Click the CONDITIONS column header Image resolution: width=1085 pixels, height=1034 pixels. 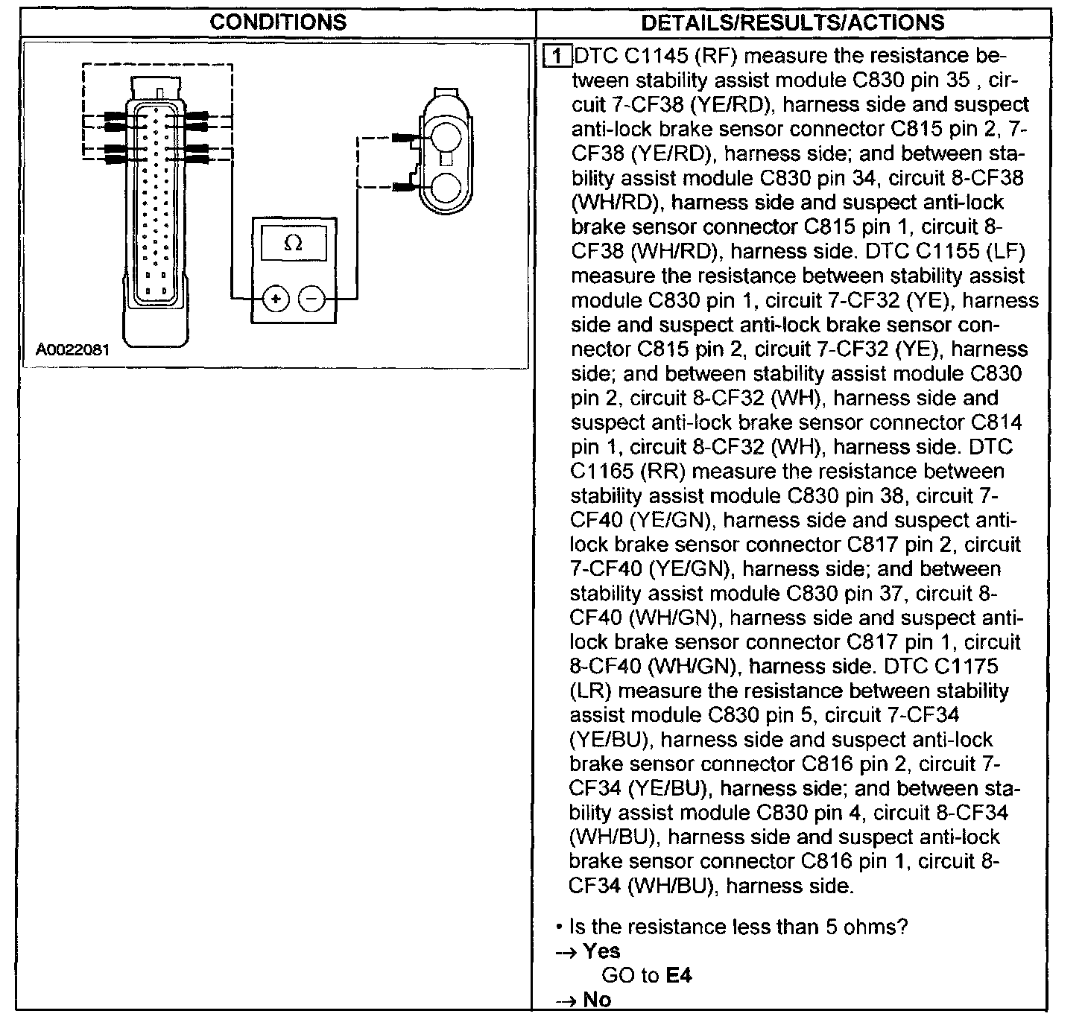[277, 22]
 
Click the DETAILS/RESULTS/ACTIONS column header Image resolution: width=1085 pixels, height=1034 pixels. [792, 22]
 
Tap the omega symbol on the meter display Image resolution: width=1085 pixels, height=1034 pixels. [294, 244]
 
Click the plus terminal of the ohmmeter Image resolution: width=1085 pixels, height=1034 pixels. [276, 299]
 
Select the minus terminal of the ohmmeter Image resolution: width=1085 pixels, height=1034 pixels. [312, 299]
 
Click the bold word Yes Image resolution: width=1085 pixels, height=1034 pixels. [601, 951]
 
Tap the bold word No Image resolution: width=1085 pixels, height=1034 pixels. [597, 999]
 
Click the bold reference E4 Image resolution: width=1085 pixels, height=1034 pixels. [679, 974]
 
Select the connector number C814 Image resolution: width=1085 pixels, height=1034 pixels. [996, 422]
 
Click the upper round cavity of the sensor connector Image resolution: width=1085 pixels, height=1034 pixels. [444, 137]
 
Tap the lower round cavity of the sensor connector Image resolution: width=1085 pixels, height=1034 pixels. [444, 186]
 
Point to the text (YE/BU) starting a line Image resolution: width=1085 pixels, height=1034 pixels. [610, 740]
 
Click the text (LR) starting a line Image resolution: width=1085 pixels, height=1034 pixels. [591, 691]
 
